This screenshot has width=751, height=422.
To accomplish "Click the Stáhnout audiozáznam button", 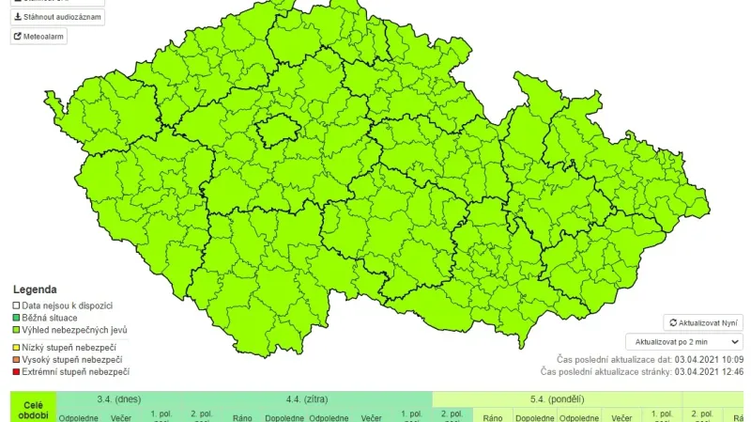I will tap(57, 17).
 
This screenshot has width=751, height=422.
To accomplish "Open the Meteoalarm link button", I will tap(38, 37).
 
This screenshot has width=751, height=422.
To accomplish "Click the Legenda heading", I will tap(35, 289).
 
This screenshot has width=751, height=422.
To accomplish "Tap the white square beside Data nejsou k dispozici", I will tap(16, 305).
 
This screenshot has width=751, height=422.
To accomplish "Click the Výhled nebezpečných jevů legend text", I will tap(74, 330).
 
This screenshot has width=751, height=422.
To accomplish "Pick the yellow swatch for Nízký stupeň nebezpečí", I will tap(16, 347).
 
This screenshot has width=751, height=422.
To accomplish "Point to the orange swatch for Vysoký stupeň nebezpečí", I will tap(16, 359).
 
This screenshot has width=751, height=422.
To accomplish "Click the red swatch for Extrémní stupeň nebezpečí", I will tap(16, 371).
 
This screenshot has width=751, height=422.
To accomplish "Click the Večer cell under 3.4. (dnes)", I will tap(121, 416).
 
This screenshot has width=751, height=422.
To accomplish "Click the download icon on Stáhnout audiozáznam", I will tap(18, 17).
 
